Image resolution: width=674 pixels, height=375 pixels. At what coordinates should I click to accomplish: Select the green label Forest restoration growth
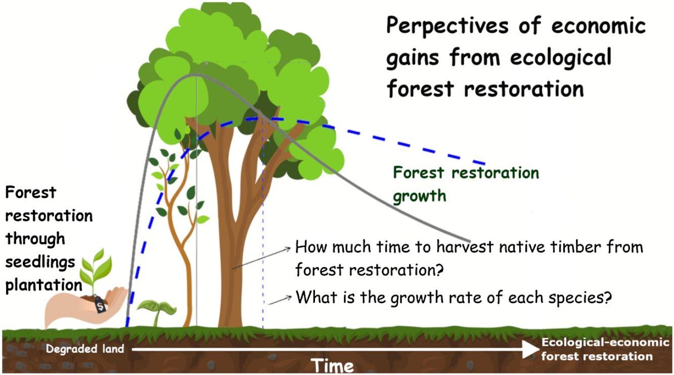tap(465, 183)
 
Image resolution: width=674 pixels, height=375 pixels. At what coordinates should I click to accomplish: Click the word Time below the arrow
tap(332, 365)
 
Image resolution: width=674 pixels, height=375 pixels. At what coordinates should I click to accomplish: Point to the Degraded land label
tap(85, 349)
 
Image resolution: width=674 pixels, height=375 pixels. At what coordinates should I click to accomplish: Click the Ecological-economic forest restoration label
tap(605, 349)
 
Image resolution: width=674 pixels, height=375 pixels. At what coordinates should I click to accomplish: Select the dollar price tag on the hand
tap(100, 305)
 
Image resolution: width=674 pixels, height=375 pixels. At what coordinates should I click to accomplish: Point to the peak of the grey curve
tap(195, 75)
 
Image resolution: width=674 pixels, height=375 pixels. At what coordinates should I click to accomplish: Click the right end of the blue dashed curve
tap(484, 164)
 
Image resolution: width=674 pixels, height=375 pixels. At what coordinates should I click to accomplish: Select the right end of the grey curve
tap(469, 240)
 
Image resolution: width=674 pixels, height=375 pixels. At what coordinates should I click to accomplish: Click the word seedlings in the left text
tap(40, 262)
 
